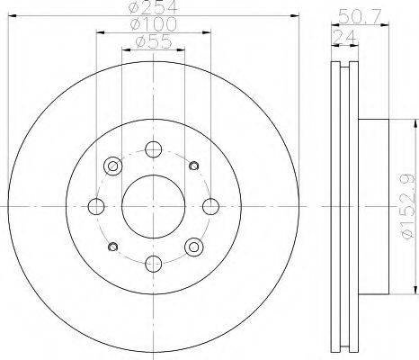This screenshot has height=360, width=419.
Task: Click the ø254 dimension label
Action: click(153, 7)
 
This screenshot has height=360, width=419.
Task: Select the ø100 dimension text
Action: click(154, 24)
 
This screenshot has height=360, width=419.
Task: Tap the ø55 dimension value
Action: click(154, 41)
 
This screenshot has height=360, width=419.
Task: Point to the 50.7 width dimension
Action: click(360, 17)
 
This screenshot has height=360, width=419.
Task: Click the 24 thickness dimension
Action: click(344, 37)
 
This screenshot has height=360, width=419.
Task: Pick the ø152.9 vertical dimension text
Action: click(408, 206)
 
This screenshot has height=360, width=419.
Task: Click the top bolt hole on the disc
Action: click(154, 149)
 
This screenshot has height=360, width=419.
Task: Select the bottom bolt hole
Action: click(154, 264)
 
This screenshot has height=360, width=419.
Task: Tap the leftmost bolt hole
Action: click(96, 206)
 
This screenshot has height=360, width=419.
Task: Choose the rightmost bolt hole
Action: click(210, 206)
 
